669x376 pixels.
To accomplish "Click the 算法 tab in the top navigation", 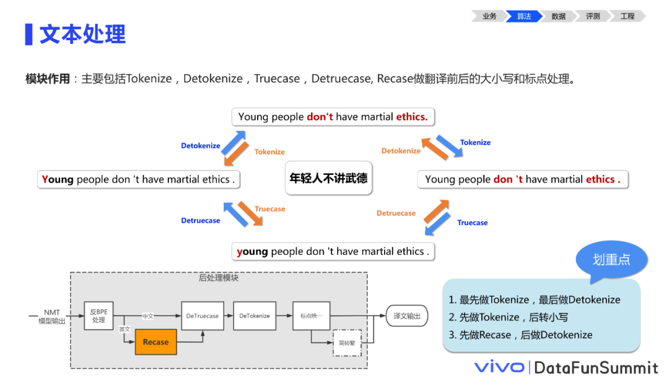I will pos(524,16).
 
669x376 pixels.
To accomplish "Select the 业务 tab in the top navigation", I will pos(489,16).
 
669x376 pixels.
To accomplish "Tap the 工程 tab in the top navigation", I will pos(627,16).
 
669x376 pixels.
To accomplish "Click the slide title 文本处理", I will pos(82,34).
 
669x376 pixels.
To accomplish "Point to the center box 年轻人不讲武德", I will pos(328,179).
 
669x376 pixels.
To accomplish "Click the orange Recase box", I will pos(155,342).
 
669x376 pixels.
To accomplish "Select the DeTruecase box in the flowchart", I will pos(203,315).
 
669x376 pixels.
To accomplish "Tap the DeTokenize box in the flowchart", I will pos(255,315).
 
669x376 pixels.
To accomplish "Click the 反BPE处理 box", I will pos(99,315).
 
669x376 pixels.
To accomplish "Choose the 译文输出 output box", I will pos(407,316).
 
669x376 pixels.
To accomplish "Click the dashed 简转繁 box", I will pos(347,342).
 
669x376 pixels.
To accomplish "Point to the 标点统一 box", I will pos(312,315).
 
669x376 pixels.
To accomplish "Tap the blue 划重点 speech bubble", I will pos(611,260).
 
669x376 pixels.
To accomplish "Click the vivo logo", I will pos(499,366).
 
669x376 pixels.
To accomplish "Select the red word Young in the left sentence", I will pos(58,179).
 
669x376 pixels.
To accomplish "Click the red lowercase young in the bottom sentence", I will pos(252,252).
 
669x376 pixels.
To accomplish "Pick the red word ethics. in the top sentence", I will pos(412,116).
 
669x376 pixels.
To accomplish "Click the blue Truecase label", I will pos(473,223).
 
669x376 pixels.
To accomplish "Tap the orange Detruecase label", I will pos(396,213).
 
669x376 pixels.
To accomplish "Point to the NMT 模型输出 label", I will pos(52,317).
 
